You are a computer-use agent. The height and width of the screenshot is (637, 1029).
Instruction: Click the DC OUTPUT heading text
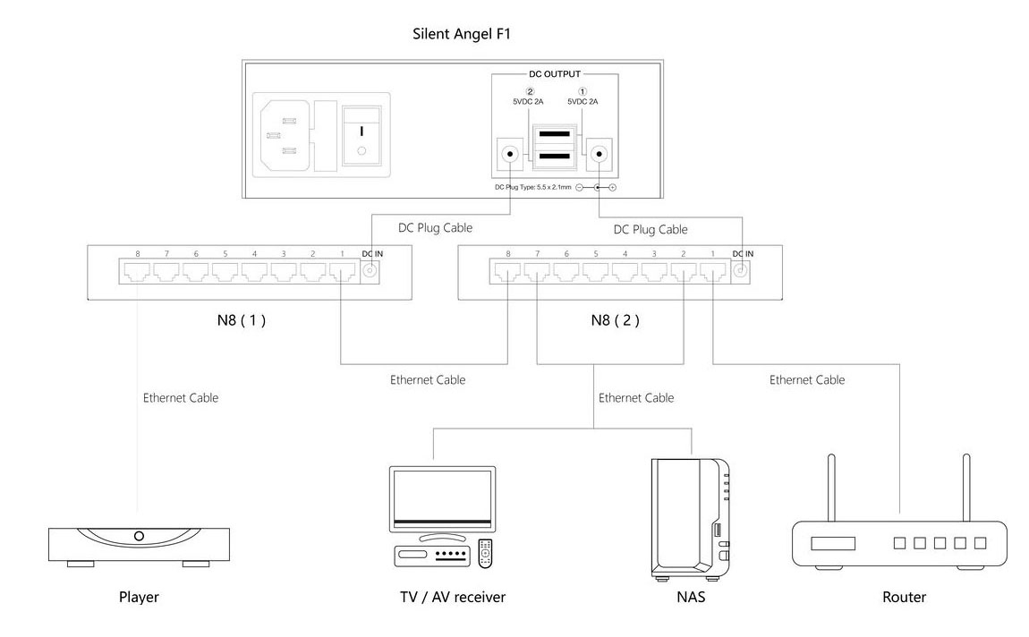tap(555, 74)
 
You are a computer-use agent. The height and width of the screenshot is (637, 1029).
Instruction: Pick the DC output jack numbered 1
tap(597, 154)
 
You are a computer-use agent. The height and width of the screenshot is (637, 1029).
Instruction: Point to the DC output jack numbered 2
tap(510, 154)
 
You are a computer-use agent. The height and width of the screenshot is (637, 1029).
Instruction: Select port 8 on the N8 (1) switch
tap(138, 272)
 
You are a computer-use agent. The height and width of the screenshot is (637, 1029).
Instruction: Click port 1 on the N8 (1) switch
tap(342, 272)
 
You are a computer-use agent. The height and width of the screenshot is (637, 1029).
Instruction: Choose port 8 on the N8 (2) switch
tap(507, 272)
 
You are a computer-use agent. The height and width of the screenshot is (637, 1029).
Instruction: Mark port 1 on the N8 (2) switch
tap(712, 272)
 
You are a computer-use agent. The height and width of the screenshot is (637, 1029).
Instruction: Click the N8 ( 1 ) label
tap(239, 319)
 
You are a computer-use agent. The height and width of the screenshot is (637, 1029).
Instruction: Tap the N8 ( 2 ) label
tap(615, 319)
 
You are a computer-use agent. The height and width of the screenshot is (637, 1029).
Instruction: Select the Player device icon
tap(138, 542)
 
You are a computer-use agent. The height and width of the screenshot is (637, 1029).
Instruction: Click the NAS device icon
tap(689, 519)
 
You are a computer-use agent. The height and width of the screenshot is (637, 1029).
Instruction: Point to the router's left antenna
tap(830, 488)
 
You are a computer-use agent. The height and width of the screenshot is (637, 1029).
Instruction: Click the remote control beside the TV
tap(486, 553)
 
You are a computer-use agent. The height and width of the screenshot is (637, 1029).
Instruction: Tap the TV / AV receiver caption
tap(453, 596)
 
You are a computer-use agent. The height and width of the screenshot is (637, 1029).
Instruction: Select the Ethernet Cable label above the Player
tap(180, 397)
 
